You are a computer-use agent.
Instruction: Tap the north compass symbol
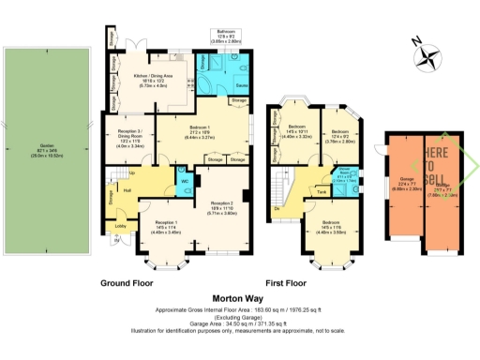click(428, 54)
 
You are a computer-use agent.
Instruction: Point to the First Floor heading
click(285, 281)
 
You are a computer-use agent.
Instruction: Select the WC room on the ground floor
click(184, 180)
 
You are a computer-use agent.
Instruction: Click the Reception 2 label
click(221, 204)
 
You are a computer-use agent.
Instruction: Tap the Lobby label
click(120, 225)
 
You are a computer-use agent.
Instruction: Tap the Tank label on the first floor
click(322, 191)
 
